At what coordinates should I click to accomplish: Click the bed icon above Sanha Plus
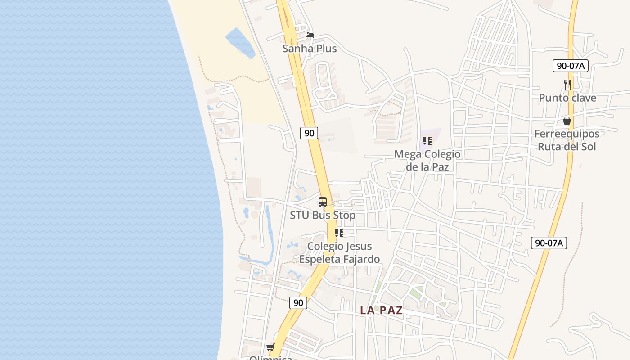(310, 35)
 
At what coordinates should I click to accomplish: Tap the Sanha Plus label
(310, 49)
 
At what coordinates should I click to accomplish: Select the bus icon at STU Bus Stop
(323, 202)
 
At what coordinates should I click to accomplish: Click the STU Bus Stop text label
(323, 215)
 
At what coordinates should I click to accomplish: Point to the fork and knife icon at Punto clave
(567, 84)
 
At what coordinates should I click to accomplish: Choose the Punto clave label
(567, 98)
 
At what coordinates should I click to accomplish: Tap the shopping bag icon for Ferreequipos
(567, 121)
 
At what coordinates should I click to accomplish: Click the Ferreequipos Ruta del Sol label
(567, 140)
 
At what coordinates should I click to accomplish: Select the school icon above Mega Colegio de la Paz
(427, 141)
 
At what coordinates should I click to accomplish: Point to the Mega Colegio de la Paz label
(427, 161)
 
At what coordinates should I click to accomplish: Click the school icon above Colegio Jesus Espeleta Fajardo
(339, 233)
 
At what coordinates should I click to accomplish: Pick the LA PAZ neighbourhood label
(382, 310)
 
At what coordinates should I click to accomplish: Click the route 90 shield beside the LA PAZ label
(298, 303)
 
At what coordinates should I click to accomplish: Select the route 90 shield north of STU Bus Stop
(309, 133)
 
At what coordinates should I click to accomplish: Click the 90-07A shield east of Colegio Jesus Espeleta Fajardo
(549, 243)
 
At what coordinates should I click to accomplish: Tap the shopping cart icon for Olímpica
(270, 347)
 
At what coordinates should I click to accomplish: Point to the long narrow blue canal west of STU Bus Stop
(269, 234)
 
